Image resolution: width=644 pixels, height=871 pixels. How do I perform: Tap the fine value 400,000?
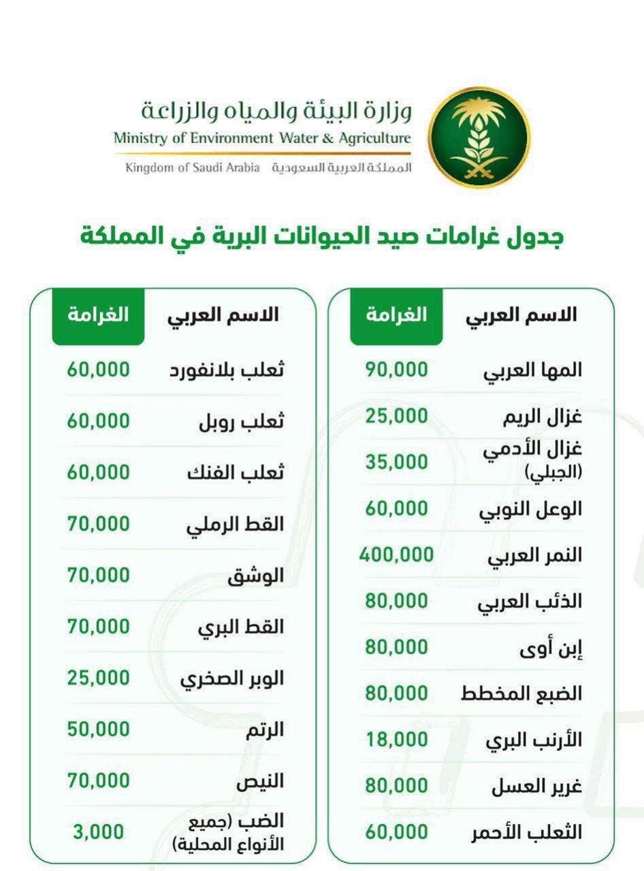tap(396, 555)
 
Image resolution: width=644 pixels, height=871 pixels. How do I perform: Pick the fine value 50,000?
tap(98, 729)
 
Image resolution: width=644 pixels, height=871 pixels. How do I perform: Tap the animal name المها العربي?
tap(532, 371)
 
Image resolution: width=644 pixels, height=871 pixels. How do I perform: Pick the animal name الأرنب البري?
tap(533, 741)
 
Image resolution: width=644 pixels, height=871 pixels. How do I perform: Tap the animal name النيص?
tap(260, 782)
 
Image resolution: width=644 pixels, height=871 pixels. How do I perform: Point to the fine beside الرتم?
tap(98, 729)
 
